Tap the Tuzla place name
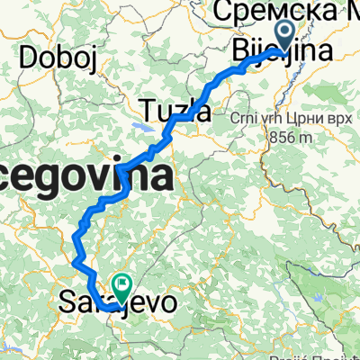point(176,112)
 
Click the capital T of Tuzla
point(149,112)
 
